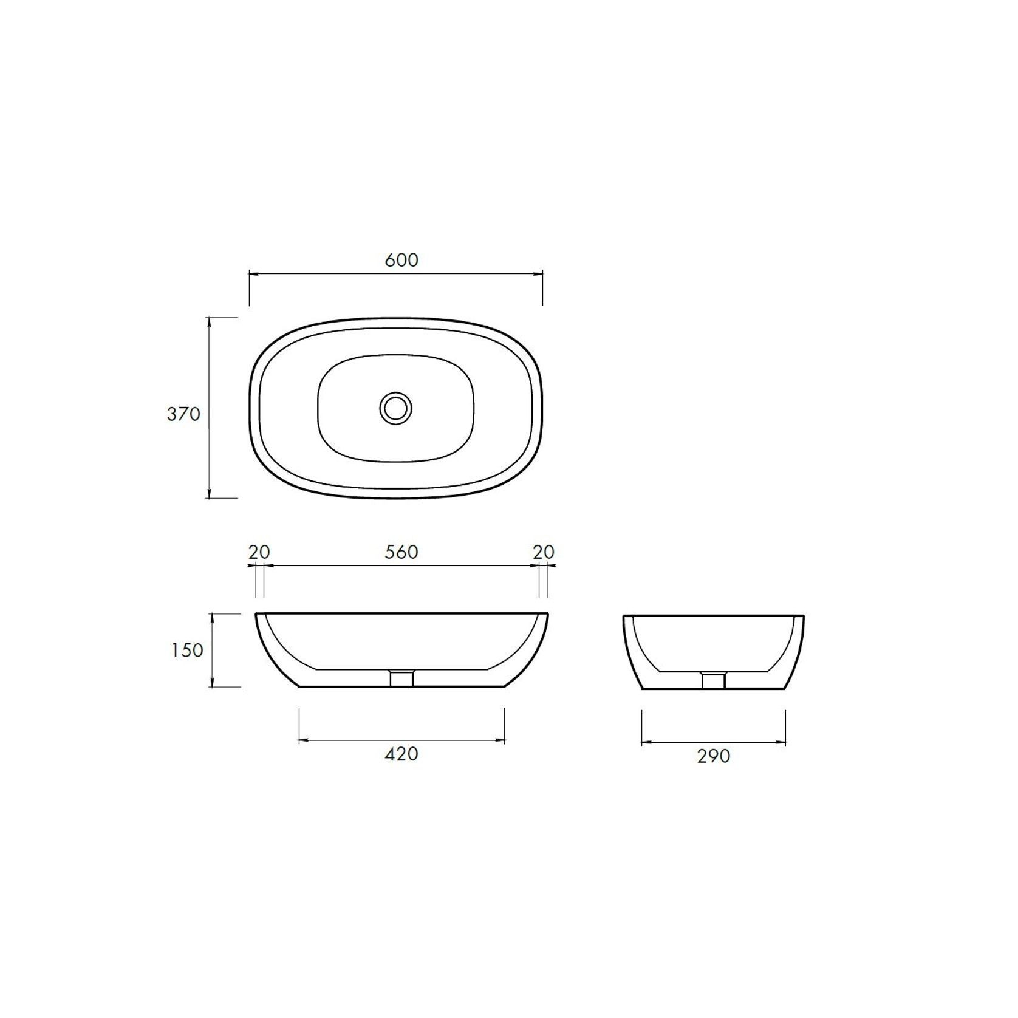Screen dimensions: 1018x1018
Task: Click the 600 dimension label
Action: [x=401, y=260]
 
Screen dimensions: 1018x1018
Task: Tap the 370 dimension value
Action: [x=183, y=414]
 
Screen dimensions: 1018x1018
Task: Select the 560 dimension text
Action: [x=401, y=552]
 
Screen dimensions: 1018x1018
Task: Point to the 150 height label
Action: [x=186, y=651]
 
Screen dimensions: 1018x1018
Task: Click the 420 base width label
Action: [x=401, y=754]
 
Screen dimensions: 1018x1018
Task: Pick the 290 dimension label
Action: [x=713, y=756]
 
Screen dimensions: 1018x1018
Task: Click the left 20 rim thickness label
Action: [x=259, y=552]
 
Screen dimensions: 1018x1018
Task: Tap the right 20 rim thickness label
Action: [x=544, y=552]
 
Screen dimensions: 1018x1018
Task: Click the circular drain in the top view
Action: [x=396, y=408]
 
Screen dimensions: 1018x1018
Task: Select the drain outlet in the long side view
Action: [x=401, y=678]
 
